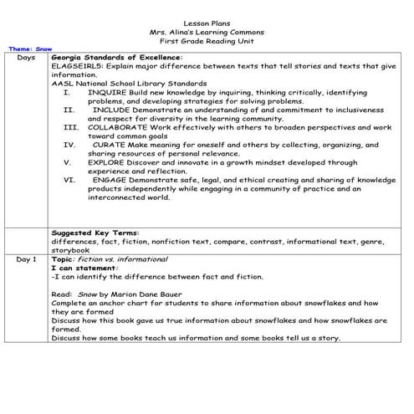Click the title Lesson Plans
(207, 23)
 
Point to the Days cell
(26, 57)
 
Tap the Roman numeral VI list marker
(69, 178)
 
